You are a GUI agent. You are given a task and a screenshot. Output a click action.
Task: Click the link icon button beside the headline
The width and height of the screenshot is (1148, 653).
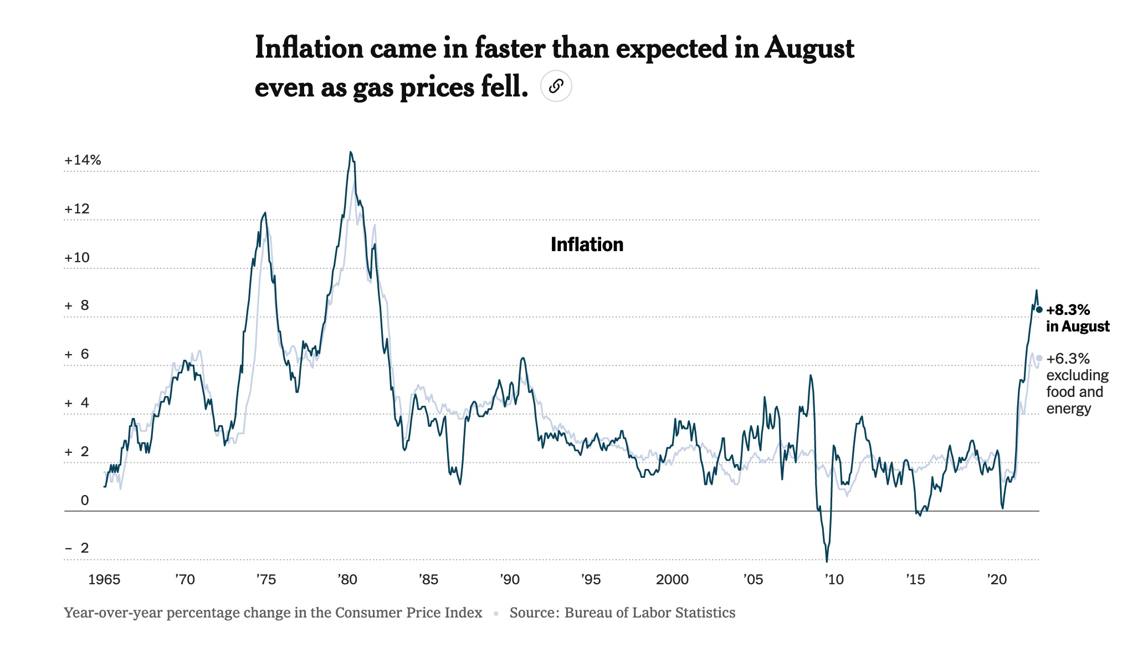(556, 86)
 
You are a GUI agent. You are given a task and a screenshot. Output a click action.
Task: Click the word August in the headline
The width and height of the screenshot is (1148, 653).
(809, 49)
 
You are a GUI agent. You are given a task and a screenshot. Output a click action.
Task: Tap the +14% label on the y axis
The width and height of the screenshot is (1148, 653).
(83, 160)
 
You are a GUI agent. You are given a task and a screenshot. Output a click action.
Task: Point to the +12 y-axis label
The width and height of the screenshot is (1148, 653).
(76, 209)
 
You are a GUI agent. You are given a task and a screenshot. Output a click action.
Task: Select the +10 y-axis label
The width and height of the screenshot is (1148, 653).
(76, 258)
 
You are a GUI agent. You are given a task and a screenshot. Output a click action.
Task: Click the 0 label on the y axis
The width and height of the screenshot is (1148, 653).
(84, 501)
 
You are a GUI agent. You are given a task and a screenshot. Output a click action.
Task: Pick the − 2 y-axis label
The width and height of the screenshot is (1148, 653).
(77, 548)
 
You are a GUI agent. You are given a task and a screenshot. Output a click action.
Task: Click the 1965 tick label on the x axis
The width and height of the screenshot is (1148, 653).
(104, 580)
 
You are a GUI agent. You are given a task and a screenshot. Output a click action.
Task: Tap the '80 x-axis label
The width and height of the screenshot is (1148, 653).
(347, 580)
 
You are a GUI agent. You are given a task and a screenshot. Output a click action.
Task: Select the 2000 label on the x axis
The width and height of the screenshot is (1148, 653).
(672, 580)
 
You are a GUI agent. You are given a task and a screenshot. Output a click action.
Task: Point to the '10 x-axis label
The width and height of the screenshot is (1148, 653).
(834, 580)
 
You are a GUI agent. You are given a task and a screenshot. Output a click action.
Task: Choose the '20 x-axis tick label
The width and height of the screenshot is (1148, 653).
(996, 580)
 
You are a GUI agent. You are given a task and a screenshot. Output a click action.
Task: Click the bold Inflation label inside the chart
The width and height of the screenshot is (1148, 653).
(587, 244)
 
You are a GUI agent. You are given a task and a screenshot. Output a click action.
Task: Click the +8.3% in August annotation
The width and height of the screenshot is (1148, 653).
(1077, 318)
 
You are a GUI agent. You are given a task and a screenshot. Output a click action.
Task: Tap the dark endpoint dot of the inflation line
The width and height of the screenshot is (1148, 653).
(1039, 310)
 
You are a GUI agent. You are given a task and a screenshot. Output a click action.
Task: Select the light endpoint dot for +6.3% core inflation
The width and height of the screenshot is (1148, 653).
(1039, 359)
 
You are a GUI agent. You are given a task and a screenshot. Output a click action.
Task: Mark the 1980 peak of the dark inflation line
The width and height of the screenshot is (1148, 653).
(351, 152)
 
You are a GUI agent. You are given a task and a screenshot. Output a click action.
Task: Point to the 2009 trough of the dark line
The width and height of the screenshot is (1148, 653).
(827, 561)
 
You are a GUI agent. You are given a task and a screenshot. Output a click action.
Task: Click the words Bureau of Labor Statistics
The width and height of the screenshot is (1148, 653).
(649, 613)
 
